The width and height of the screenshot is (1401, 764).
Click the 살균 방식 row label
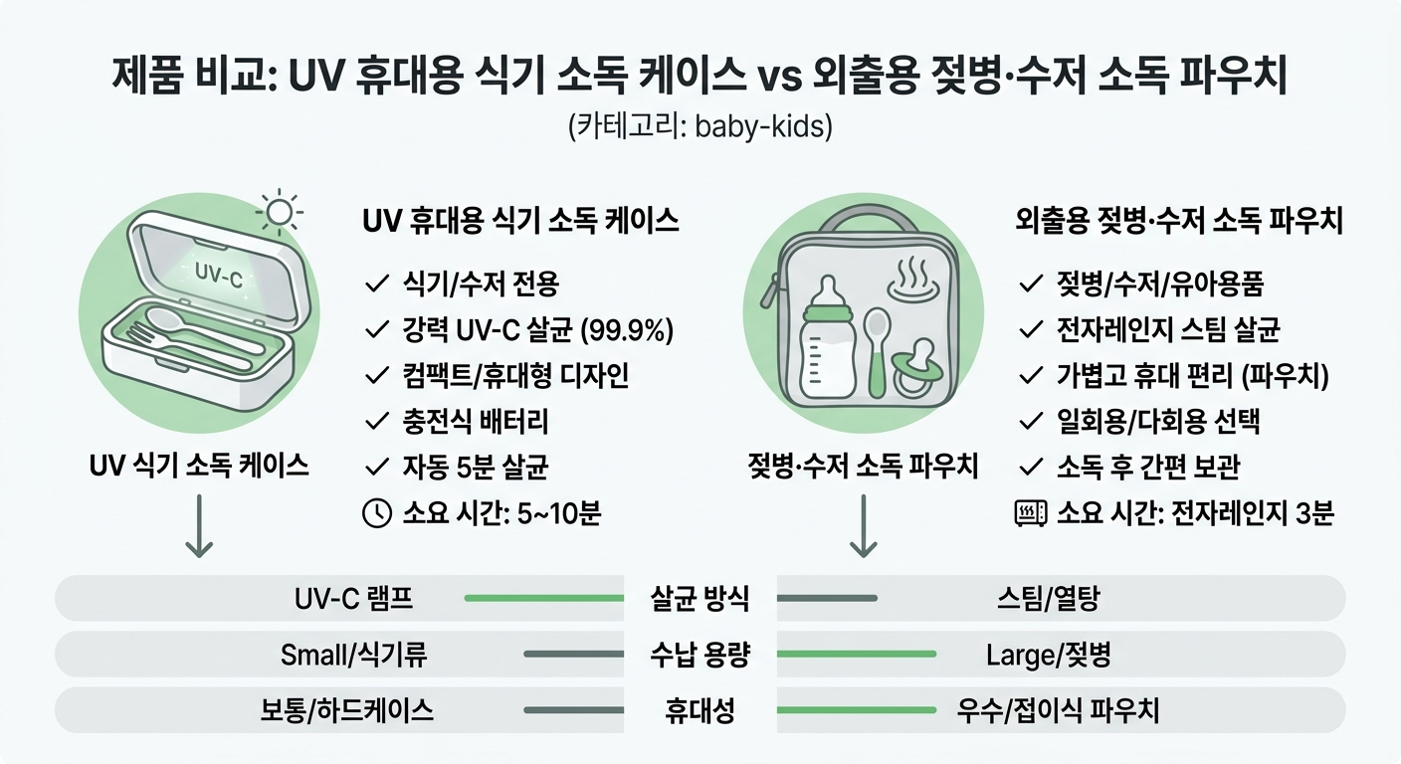click(700, 599)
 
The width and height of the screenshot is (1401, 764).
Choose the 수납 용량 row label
click(700, 655)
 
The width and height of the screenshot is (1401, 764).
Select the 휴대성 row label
click(700, 710)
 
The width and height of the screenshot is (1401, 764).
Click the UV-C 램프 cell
click(354, 599)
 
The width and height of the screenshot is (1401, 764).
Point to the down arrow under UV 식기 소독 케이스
click(199, 527)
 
